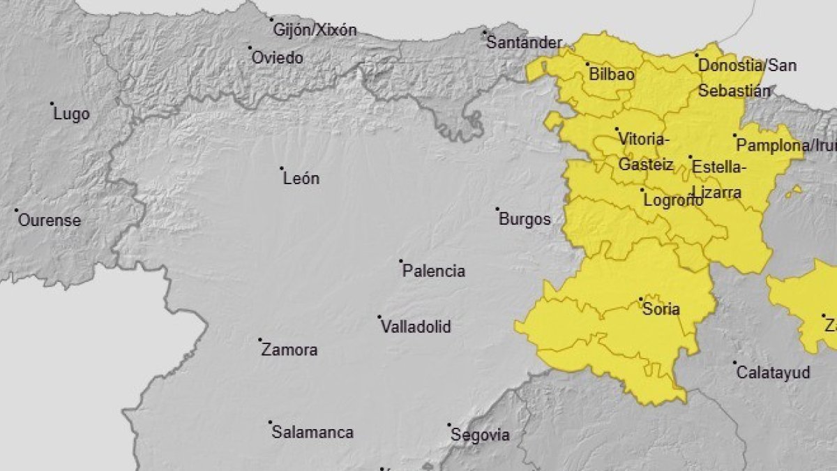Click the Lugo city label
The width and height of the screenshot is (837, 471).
coord(71,114)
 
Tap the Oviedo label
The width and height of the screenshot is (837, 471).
coord(277,58)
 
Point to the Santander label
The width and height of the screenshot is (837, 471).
coord(523,43)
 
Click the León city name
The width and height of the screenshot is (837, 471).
coord(301,179)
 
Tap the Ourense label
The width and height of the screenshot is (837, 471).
coord(49,220)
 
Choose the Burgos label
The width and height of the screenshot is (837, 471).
coord(525,219)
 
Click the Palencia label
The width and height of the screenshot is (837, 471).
coord(433,271)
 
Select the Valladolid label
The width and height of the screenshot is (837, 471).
coord(416,327)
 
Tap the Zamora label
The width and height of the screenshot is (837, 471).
coord(289,350)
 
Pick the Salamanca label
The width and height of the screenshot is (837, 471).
coord(312,433)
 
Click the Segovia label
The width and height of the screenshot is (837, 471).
coord(480,435)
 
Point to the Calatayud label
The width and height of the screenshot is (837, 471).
coord(774,373)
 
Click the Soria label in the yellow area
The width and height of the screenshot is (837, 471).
coord(661,309)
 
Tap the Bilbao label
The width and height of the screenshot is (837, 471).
coord(611,74)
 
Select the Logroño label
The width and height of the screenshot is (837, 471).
coord(672,200)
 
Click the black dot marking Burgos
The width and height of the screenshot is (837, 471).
coord(497,209)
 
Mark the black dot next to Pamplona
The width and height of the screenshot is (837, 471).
coord(734,135)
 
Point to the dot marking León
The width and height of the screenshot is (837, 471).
coord(282,168)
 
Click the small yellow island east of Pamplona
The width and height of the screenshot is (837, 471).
coord(794,190)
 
